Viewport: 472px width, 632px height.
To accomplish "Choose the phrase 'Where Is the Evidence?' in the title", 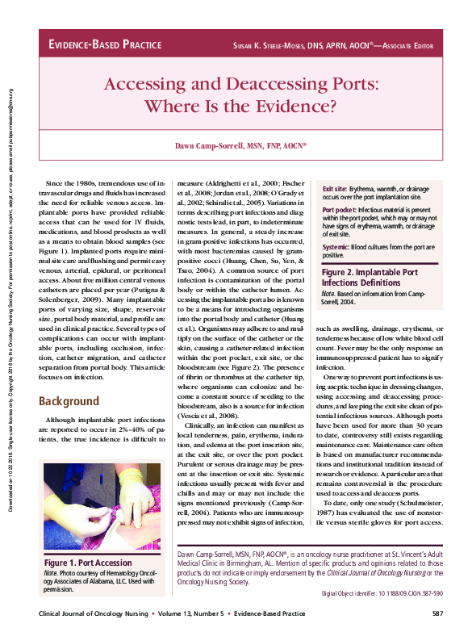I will click(x=240, y=106).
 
